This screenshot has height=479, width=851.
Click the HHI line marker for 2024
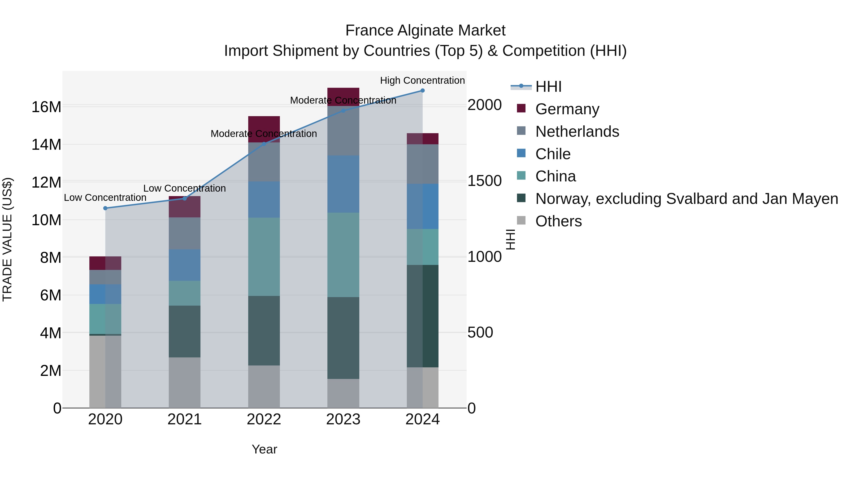coord(422,90)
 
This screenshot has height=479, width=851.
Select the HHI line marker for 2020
coord(105,208)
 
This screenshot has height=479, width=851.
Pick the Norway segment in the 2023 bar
coord(343,338)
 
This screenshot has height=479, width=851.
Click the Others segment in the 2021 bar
coord(184,382)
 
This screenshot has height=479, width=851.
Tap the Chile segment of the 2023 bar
coord(343,184)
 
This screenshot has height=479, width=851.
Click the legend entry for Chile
coord(553,154)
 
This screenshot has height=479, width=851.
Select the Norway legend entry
coord(686,199)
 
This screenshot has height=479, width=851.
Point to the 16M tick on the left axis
coord(46,107)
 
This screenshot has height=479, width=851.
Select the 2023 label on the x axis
coord(343,419)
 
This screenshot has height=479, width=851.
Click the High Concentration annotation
coord(422,80)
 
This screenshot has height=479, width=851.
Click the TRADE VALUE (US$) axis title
coord(7,239)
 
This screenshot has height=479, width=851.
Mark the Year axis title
coord(264,449)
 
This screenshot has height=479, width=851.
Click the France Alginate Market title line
coord(425,31)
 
